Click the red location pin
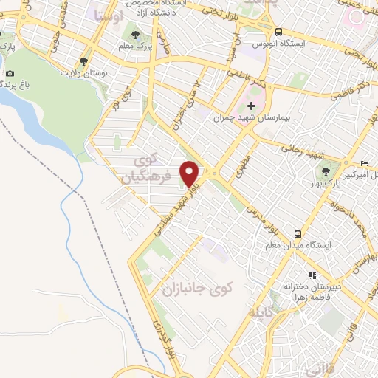[x=190, y=173]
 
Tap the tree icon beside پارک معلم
[x=134, y=33]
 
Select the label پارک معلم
[x=134, y=46]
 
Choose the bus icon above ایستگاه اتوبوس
[x=279, y=32]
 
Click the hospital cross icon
[x=251, y=106]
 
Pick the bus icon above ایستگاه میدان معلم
[x=298, y=232]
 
